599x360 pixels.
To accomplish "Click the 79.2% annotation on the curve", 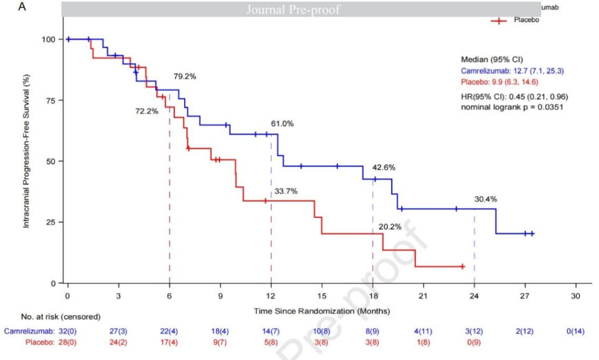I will tap(185, 77).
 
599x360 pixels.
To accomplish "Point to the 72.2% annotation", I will tap(147, 111).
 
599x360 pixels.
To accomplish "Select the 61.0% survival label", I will tap(282, 124).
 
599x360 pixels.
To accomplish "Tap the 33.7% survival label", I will tap(286, 191).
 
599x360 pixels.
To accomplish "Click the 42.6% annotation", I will tap(383, 167).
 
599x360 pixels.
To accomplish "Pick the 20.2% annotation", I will tap(390, 226).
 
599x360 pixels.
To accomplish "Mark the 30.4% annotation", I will tap(486, 199).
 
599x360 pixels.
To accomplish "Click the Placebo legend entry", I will tap(526, 20).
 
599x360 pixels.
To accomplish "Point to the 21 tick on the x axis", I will tap(423, 296).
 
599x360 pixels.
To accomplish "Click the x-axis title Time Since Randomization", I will tap(322, 311).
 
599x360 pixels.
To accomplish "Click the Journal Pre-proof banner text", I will tap(293, 9).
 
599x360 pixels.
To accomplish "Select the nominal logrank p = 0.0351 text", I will tap(512, 107).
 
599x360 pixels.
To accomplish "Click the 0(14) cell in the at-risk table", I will tap(575, 331).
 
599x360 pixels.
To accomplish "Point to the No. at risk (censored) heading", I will tap(61, 317).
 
